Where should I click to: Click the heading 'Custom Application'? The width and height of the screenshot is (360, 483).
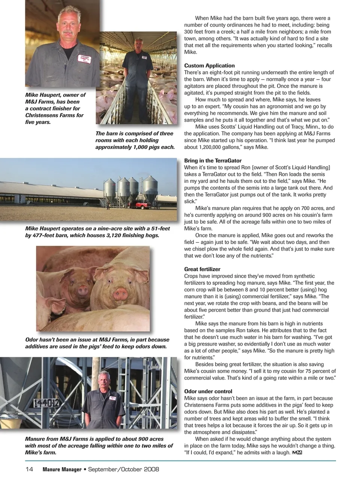tap(209, 66)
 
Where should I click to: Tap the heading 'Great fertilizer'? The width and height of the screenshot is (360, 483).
tap(202, 269)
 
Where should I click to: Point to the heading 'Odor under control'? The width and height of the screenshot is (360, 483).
tap(208, 391)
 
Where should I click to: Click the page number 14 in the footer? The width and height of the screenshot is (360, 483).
tap(29, 469)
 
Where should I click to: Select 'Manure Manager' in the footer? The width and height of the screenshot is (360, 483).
tap(62, 469)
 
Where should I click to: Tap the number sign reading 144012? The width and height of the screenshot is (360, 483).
tap(46, 403)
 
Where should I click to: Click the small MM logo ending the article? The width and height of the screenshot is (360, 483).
tap(297, 453)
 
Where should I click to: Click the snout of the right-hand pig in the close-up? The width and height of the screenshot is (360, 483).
tap(121, 293)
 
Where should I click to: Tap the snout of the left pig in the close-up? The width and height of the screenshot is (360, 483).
tap(82, 290)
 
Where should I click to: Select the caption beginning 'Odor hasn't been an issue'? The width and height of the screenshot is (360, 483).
tap(97, 343)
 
